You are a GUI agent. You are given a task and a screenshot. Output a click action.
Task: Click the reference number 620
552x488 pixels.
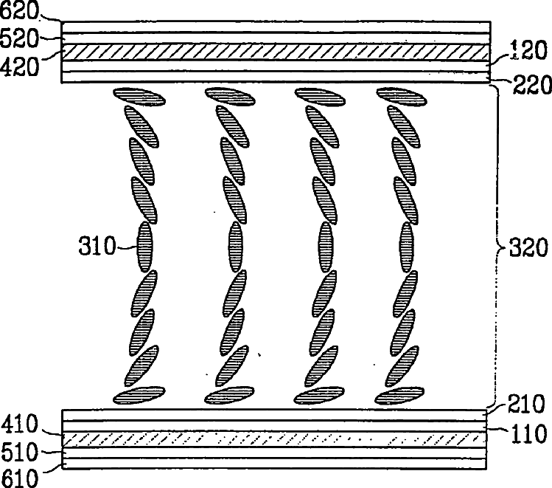click(21, 11)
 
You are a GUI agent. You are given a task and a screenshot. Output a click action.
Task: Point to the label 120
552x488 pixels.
click(528, 50)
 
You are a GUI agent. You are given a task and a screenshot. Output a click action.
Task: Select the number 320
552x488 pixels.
click(526, 247)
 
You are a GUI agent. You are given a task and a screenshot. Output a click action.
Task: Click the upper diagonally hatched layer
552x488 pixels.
click(275, 52)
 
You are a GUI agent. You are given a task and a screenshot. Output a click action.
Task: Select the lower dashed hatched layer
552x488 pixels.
click(275, 439)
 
